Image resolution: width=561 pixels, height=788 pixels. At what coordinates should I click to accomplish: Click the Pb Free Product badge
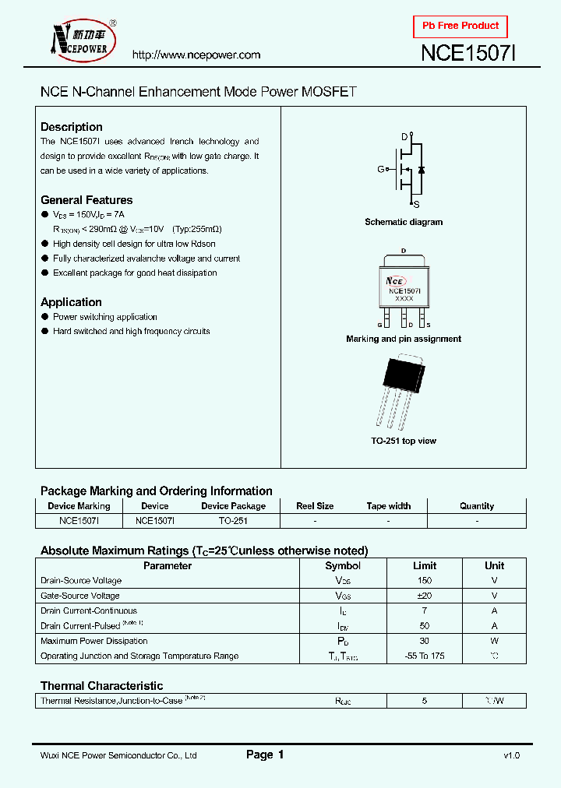[460, 26]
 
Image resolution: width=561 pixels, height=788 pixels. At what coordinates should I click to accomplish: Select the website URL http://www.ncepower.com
[196, 55]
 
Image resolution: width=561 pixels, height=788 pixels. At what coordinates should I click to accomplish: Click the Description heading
[72, 127]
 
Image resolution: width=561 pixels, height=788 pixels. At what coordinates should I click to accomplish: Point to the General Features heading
[86, 200]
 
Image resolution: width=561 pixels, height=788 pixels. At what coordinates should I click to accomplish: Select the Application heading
[71, 302]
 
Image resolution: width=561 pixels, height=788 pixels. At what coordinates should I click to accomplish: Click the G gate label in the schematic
[381, 169]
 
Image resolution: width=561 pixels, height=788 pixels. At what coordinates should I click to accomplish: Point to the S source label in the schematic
[416, 204]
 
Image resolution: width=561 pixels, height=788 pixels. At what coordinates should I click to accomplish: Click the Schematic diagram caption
[404, 222]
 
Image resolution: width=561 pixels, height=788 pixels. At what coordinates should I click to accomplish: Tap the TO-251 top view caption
[404, 441]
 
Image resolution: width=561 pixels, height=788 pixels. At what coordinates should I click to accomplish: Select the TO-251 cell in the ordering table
[233, 521]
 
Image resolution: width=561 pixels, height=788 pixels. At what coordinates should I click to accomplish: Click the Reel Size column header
[315, 506]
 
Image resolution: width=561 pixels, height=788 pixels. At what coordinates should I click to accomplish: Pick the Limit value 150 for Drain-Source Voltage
[424, 581]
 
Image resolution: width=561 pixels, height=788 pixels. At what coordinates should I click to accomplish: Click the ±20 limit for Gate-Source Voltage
[424, 596]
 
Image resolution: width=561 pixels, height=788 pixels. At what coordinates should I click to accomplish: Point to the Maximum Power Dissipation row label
[94, 641]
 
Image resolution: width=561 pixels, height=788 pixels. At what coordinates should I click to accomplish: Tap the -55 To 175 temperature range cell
[424, 656]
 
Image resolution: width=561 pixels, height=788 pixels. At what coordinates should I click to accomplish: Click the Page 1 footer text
[265, 755]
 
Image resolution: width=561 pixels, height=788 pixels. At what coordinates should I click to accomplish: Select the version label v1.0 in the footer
[511, 755]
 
